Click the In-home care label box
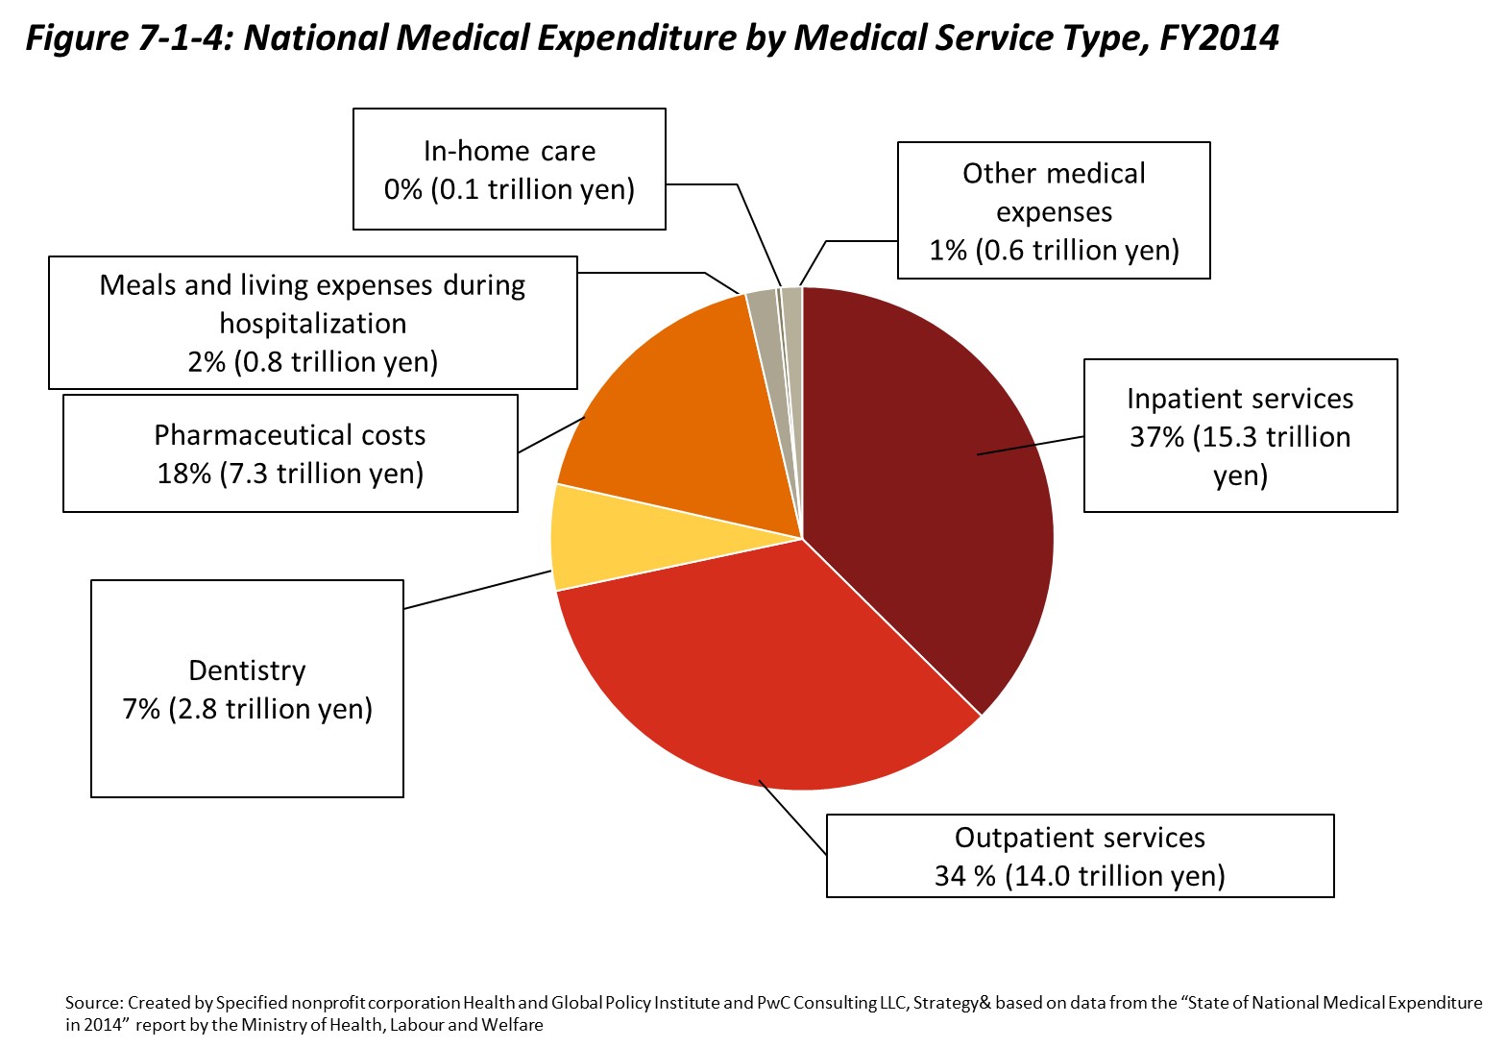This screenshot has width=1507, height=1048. click(509, 169)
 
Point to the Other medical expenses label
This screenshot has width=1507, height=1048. click(1054, 210)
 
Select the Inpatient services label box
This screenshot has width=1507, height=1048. click(1240, 435)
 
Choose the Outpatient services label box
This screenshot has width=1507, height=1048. click(1080, 856)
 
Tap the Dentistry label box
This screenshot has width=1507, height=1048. click(247, 688)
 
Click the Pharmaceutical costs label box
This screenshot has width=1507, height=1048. click(290, 453)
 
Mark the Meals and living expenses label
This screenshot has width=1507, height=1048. click(312, 323)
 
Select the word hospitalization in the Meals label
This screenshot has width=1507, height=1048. click(312, 324)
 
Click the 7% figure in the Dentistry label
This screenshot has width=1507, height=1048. click(140, 709)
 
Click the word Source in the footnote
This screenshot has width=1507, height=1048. click(93, 1003)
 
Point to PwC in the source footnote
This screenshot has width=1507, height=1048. click(773, 1003)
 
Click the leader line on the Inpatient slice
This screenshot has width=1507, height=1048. click(1007, 450)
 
